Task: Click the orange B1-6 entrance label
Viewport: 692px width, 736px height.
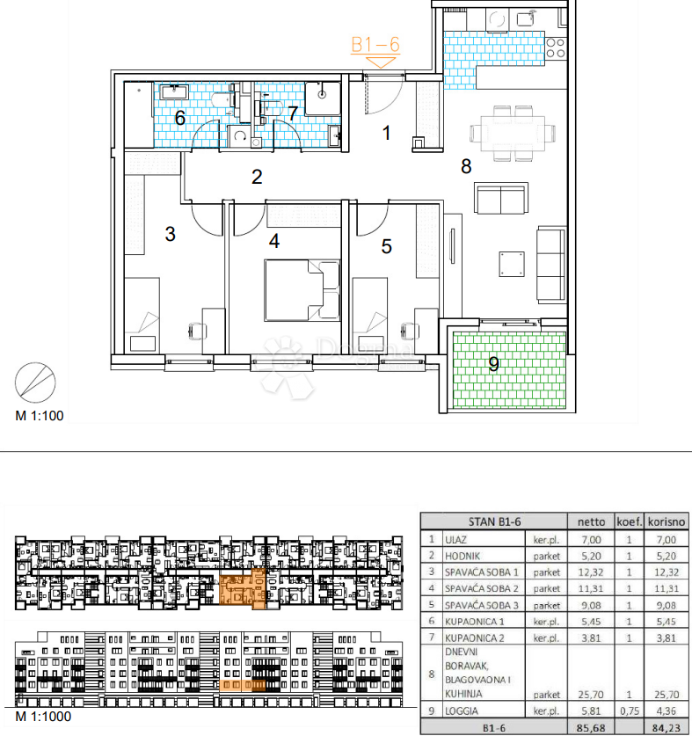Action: tap(375, 45)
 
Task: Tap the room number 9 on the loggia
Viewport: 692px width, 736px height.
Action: tap(493, 364)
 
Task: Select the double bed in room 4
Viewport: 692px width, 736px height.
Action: tap(302, 290)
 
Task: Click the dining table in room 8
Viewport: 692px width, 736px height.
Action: tap(514, 134)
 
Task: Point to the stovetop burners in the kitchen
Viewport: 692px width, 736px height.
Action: tap(556, 47)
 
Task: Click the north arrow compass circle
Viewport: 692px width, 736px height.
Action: tap(35, 383)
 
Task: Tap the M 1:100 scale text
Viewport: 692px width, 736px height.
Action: tap(40, 416)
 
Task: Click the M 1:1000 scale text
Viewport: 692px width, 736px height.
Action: tap(43, 717)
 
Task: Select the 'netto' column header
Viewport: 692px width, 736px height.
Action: tap(591, 521)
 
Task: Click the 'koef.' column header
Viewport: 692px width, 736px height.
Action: tap(629, 521)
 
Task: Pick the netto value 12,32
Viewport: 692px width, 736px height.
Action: tap(591, 572)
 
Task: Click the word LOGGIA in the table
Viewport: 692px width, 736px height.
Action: tap(462, 710)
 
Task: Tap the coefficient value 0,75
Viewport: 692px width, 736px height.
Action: tap(629, 710)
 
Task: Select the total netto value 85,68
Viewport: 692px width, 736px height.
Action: tap(591, 728)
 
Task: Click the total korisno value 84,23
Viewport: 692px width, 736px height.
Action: tap(667, 728)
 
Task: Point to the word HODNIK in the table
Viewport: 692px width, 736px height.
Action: tap(463, 557)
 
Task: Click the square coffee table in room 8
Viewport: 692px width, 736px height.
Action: tap(512, 265)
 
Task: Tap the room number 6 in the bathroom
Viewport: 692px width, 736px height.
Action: tap(179, 118)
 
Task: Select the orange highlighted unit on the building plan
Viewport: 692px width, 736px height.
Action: tap(243, 588)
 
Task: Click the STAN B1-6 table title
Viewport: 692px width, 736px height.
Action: tap(494, 521)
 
